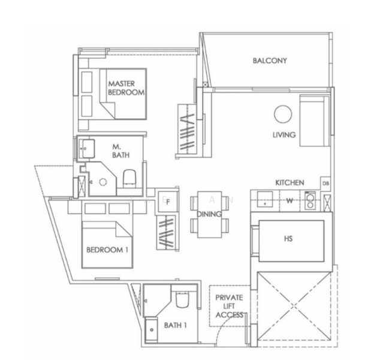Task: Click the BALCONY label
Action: coord(270,61)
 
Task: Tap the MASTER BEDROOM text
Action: coord(126,88)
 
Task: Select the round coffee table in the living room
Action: coord(283,114)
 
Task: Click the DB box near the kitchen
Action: coord(325,184)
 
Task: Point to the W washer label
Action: coord(289,201)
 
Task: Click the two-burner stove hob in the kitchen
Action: coord(310,201)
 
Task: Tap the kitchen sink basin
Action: coord(265,199)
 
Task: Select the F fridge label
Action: coord(168,202)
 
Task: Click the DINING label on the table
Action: coord(209,214)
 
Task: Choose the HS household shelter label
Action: coord(288,238)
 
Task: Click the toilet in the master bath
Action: coord(129,179)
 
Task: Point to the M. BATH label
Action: coord(120,151)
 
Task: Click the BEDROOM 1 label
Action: coord(107,250)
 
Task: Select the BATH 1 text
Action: coord(175,325)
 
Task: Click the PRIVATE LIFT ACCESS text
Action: coord(230,306)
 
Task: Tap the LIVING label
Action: coord(284,135)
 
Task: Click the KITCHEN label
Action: coord(290,183)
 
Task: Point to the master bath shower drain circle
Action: coord(103,182)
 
